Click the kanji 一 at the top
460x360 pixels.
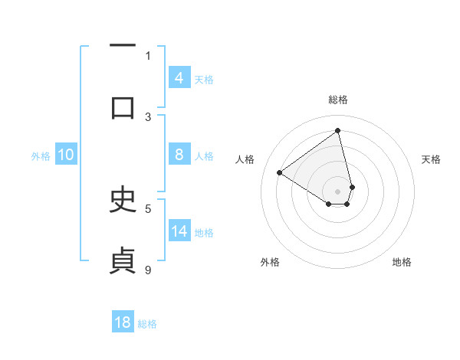click(x=123, y=46)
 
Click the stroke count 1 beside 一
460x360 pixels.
click(x=148, y=55)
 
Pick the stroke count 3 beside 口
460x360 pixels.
click(x=148, y=116)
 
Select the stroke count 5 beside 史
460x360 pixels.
click(x=148, y=208)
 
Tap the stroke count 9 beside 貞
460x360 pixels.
click(x=148, y=269)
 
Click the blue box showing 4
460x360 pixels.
click(x=179, y=77)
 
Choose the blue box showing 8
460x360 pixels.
click(x=179, y=155)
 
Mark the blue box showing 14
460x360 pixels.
click(x=179, y=231)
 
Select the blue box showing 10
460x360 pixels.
click(x=66, y=155)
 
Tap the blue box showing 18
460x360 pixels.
click(x=123, y=322)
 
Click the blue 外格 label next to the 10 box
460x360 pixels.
click(x=41, y=155)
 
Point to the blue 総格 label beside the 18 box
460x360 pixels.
click(x=147, y=324)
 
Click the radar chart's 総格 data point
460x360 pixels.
click(x=338, y=130)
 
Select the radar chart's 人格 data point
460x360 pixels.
click(x=280, y=172)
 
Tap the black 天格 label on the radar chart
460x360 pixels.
click(x=431, y=159)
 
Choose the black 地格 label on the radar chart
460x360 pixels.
click(x=402, y=262)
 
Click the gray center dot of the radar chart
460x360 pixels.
click(x=338, y=191)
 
